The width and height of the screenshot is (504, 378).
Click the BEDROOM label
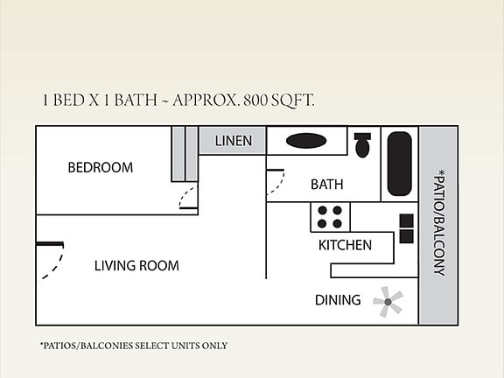(x=100, y=167)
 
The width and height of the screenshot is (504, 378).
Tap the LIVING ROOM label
(x=136, y=266)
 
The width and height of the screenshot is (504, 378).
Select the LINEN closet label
(x=233, y=141)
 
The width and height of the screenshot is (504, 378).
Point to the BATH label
(x=326, y=185)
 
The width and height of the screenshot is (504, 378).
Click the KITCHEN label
(x=345, y=245)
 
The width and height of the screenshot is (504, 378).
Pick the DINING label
(x=338, y=300)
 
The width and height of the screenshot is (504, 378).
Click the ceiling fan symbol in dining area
(x=388, y=301)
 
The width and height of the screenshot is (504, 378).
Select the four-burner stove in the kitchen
(x=330, y=216)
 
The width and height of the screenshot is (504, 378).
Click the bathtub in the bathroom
(x=399, y=164)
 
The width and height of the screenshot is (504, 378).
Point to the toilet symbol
(x=362, y=144)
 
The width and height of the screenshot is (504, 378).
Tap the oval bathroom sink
(x=305, y=141)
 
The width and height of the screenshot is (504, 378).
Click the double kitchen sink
(x=407, y=228)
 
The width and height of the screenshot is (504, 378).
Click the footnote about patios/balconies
(x=133, y=346)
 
